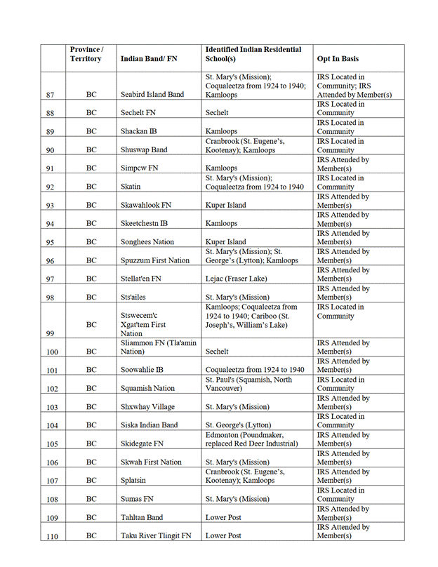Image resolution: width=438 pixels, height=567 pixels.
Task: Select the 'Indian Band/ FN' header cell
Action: coord(149,59)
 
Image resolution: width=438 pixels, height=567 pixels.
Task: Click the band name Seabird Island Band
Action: coord(152,95)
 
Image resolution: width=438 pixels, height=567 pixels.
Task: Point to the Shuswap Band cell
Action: coord(144,150)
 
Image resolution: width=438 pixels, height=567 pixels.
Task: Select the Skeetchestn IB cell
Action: coord(144,224)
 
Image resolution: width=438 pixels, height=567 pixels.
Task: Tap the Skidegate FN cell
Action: coord(142,444)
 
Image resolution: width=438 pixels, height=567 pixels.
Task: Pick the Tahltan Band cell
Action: coord(142,518)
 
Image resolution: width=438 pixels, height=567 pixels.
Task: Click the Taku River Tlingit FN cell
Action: coord(156,536)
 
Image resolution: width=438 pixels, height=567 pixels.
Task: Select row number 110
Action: coord(51,536)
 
